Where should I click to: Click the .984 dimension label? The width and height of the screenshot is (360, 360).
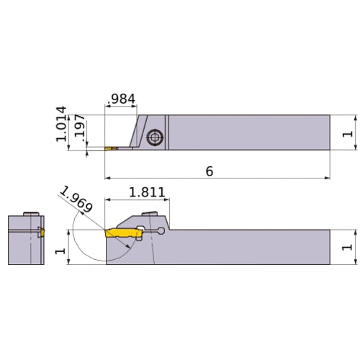tap(121, 98)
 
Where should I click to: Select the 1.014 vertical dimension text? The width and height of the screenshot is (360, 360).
tap(60, 124)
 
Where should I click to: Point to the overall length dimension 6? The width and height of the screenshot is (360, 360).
tap(209, 171)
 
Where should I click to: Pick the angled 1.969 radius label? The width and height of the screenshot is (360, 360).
tap(76, 199)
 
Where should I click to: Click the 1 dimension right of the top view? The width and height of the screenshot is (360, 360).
tap(347, 132)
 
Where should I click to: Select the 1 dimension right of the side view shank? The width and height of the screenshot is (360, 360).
tap(347, 247)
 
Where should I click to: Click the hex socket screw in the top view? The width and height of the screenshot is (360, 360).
tap(154, 137)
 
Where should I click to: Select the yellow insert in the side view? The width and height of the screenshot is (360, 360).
tap(122, 233)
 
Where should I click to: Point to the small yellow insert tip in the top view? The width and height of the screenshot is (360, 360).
tap(110, 148)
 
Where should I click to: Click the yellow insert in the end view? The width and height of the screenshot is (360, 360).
tap(41, 233)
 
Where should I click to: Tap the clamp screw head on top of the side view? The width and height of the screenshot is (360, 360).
tap(152, 212)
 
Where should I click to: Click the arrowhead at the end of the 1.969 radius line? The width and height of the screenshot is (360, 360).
tap(130, 246)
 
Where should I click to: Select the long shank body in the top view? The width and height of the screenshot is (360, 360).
tap(248, 132)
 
